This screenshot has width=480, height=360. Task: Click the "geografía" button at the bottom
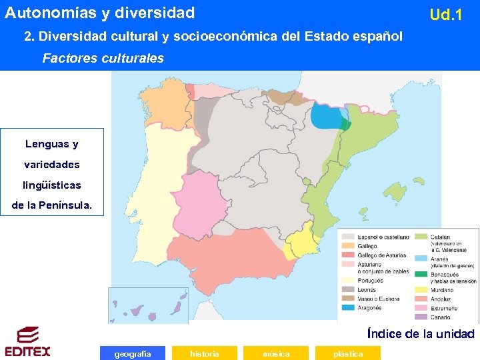coord(132,353)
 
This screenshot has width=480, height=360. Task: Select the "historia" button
coord(204,353)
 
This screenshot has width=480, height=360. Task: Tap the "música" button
coord(276,353)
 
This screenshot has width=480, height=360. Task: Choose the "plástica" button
coord(348,353)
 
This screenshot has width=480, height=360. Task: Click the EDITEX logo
coord(27,341)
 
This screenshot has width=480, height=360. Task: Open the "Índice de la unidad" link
coord(421,333)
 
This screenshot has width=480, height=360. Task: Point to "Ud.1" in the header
coord(446,14)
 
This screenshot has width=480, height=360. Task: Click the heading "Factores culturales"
coord(103,58)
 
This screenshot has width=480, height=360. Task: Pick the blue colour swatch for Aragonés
coord(348,308)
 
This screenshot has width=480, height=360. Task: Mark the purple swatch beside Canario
coord(421,317)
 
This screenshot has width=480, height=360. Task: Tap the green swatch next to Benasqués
coord(421,273)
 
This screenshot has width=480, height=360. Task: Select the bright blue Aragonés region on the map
coord(325,118)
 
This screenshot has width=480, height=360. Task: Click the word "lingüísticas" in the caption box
coord(52,185)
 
